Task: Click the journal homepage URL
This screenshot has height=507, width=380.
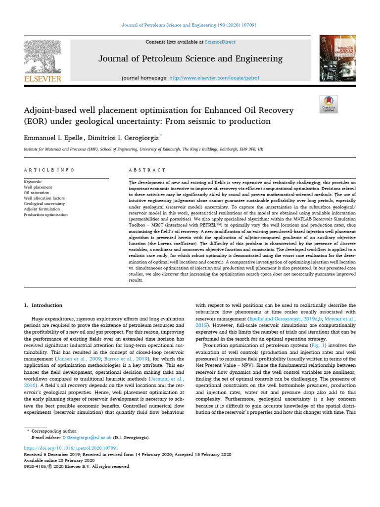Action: [x=207, y=78]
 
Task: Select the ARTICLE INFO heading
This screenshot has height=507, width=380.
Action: [x=49, y=170]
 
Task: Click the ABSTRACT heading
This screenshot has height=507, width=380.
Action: [x=146, y=170]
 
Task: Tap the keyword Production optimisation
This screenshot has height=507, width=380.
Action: [x=46, y=215]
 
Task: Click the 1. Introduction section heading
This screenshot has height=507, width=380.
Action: [x=44, y=305]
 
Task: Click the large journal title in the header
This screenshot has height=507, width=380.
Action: [x=190, y=59]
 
